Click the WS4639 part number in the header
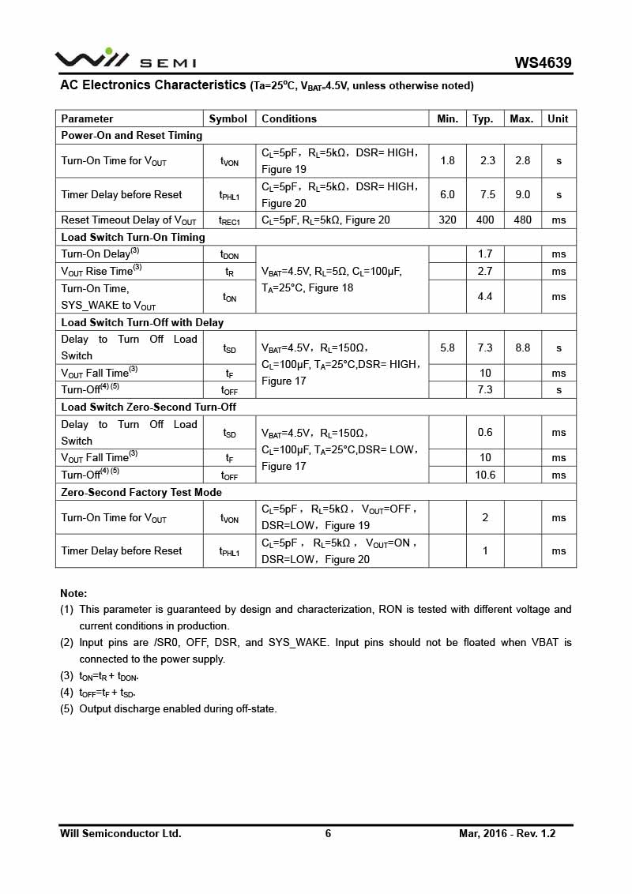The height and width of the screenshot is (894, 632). point(543,62)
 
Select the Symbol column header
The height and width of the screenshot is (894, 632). point(228,118)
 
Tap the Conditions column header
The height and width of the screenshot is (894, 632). point(289,118)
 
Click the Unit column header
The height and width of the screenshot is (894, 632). point(558,118)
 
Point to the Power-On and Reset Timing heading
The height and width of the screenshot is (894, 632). point(132,135)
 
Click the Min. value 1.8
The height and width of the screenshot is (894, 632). point(447,160)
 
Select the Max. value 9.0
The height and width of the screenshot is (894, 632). point(522,194)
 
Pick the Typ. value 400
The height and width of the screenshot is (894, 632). point(484,220)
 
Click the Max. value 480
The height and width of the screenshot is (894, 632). point(522,220)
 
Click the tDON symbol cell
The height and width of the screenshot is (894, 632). point(229,254)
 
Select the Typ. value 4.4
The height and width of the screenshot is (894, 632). point(485,296)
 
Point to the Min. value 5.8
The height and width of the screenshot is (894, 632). point(447,347)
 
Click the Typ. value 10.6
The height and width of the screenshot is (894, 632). point(485,475)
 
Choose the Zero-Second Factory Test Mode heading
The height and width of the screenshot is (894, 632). point(141,492)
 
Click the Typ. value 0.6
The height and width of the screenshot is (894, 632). point(485,432)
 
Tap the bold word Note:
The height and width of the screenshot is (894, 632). point(73,593)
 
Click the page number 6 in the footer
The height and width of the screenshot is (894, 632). point(328,833)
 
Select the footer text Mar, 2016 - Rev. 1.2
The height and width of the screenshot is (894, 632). point(507,833)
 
